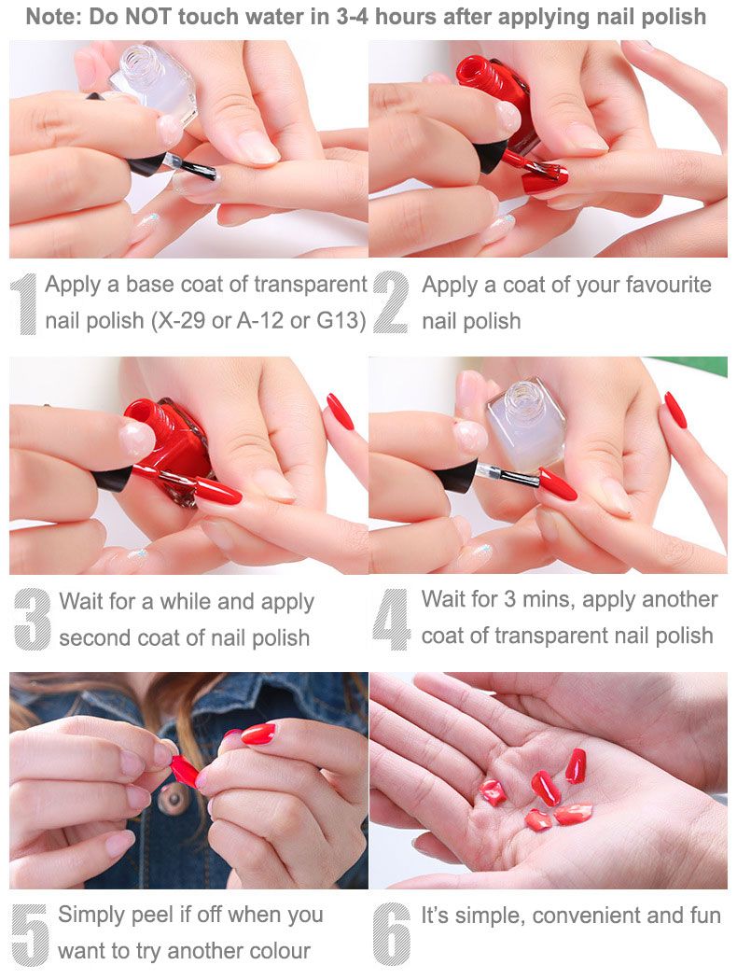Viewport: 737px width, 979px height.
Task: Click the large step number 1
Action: (25, 304)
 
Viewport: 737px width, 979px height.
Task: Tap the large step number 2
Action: (391, 303)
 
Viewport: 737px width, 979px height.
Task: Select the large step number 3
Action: (32, 620)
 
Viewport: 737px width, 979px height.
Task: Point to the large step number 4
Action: (391, 620)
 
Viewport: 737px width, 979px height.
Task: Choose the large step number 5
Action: (30, 934)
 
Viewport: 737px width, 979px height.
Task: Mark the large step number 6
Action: (391, 934)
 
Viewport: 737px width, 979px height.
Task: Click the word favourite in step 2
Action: (668, 285)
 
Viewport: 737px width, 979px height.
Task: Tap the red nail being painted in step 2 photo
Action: (545, 180)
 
